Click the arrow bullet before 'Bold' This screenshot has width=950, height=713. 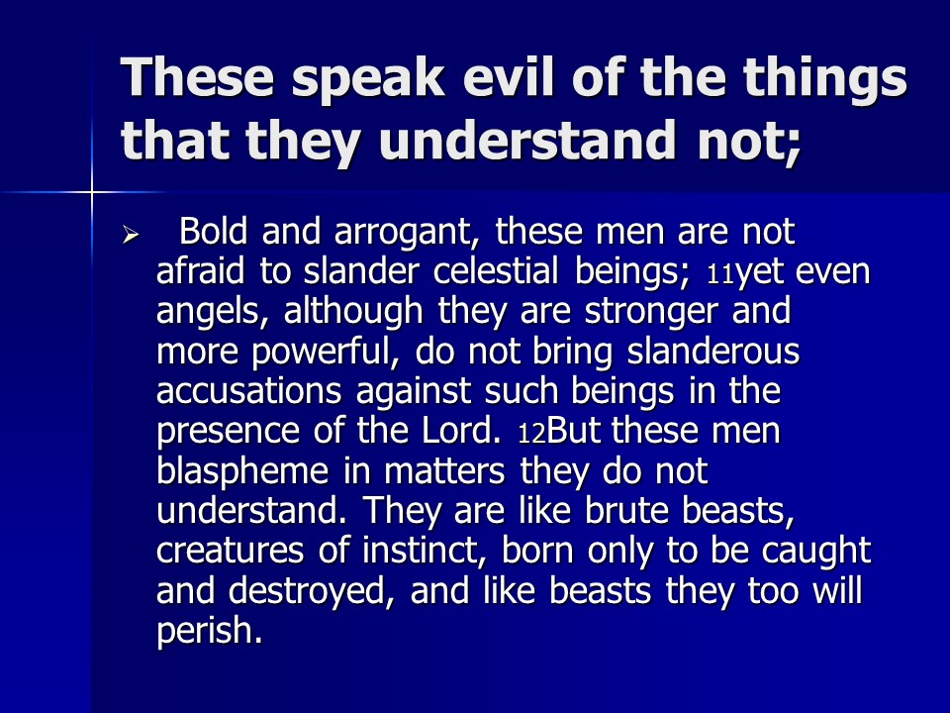[131, 234]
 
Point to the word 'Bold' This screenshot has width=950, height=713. [214, 231]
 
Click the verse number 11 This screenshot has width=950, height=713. [720, 275]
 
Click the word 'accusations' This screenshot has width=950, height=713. [249, 391]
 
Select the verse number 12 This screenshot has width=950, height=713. [532, 434]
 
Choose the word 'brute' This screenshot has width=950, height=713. [625, 511]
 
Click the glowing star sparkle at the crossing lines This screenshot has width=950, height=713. [92, 193]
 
